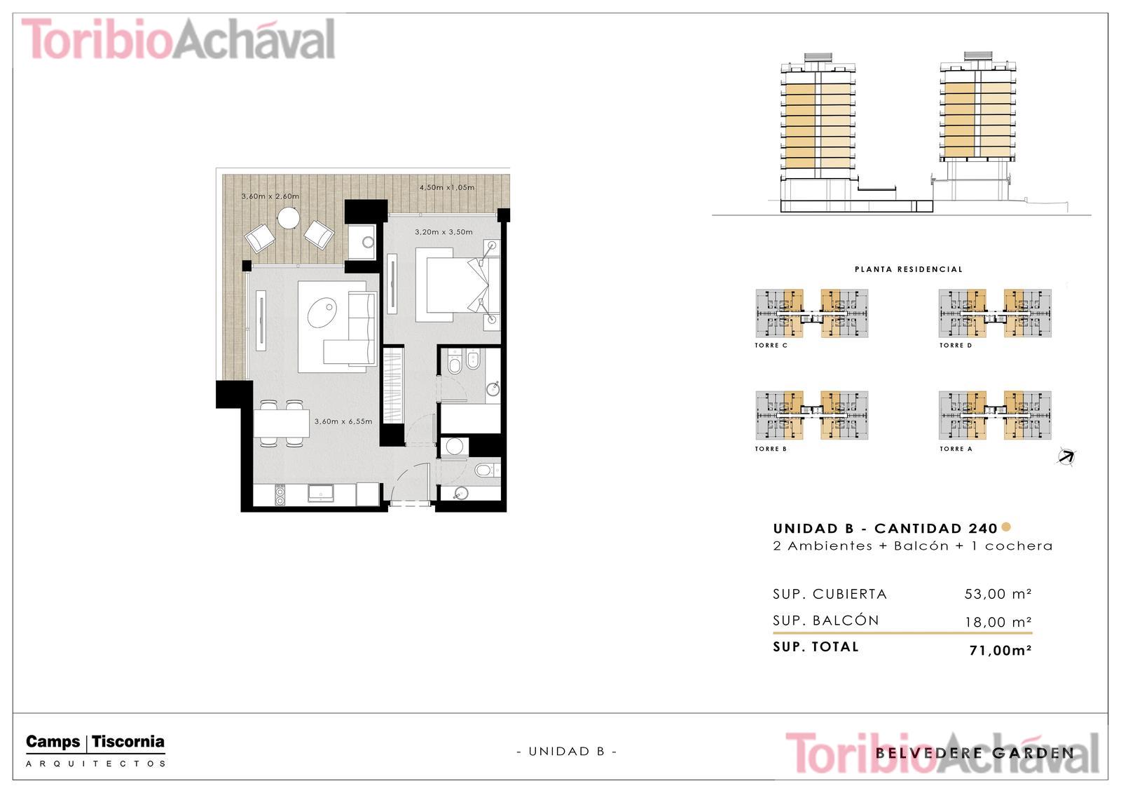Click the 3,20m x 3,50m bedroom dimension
tap(443, 232)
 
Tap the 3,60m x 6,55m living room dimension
tap(343, 421)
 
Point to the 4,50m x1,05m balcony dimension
tap(447, 187)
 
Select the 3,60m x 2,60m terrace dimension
tap(270, 196)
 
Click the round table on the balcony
tap(289, 218)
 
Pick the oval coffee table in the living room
tap(322, 313)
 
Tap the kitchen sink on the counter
tap(321, 493)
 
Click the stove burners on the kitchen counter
tap(280, 494)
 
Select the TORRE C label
tap(771, 345)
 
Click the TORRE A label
tap(956, 449)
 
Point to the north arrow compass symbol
tap(1066, 457)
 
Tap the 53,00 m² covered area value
tap(998, 594)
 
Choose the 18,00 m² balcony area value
tap(998, 622)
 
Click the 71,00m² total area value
tap(1000, 650)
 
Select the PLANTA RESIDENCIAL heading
tap(908, 269)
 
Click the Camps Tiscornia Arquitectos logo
tap(95, 750)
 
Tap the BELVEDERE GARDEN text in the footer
tap(975, 753)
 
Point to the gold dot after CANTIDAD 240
tap(1006, 527)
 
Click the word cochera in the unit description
tap(1019, 546)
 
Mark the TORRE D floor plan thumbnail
tap(995, 313)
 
